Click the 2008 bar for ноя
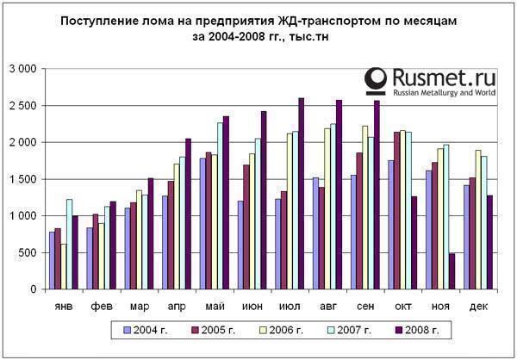coord(452,271)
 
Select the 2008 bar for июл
coord(301,194)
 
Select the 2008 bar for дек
coord(489,242)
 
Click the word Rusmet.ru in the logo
coord(443,76)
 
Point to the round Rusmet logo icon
coord(376,80)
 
